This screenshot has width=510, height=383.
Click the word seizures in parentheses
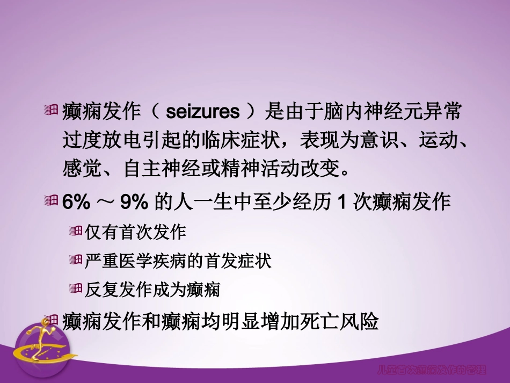click(x=203, y=113)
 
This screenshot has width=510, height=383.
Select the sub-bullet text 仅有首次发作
click(x=135, y=232)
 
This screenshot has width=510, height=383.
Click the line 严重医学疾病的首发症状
click(x=178, y=261)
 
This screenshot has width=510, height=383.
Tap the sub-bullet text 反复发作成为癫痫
click(x=152, y=290)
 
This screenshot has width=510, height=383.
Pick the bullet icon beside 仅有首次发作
click(x=75, y=232)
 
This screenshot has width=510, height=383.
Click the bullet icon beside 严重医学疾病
click(x=75, y=261)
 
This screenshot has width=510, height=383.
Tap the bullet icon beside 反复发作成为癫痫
click(x=75, y=290)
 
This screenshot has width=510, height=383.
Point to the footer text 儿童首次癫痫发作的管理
click(x=439, y=370)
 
